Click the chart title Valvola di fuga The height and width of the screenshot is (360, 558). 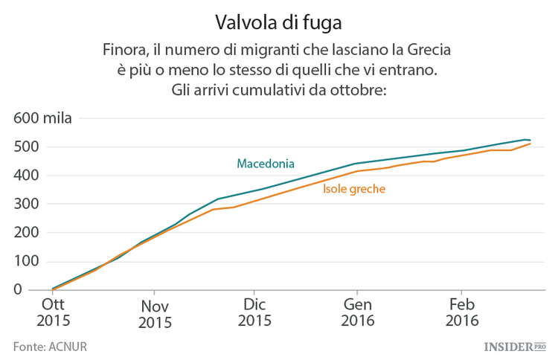[278, 22]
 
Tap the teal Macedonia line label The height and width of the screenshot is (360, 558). [266, 164]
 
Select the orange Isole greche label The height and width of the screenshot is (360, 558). [353, 189]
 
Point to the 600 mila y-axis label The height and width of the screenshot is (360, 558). [42, 119]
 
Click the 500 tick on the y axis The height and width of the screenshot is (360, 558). [25, 147]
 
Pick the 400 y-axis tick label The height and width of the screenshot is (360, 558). [25, 176]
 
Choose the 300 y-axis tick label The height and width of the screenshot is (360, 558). [25, 204]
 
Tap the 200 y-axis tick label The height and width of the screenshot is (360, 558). [25, 233]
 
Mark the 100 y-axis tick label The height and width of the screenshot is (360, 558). [25, 261]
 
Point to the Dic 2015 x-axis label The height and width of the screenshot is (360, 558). [254, 313]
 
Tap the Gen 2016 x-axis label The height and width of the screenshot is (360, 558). [357, 313]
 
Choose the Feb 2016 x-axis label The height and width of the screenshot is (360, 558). [462, 313]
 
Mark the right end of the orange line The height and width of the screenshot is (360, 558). [530, 144]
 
